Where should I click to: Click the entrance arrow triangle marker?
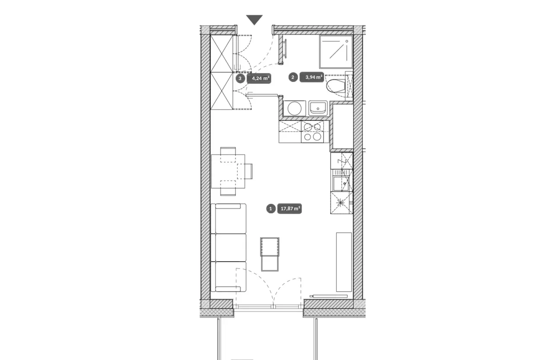pos(254,20)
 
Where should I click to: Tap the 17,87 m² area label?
pos(289,208)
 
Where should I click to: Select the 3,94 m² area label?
pos(311,77)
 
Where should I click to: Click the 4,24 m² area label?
pos(259,79)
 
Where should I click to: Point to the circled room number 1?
pos(270,208)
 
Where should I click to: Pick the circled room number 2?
pos(293,77)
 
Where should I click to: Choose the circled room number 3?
pos(240,79)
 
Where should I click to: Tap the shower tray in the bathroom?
pos(336,51)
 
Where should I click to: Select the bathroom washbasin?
pos(318,108)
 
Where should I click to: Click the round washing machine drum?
pos(295,108)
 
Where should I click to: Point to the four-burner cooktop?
pos(312,132)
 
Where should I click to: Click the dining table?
pos(228,171)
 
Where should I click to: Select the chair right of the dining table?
pos(248,171)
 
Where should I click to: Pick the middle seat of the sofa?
pos(229,247)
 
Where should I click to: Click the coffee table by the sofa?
pos(270,255)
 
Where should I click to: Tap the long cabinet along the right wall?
pos(344,262)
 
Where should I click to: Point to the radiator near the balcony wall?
pos(329,296)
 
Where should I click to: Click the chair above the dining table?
pos(228,151)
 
